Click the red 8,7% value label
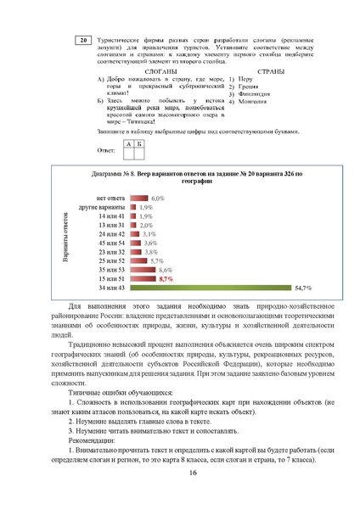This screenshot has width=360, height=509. pos(166,278)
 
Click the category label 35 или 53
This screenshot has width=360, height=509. pos(111,269)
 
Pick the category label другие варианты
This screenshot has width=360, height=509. pos(103,206)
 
